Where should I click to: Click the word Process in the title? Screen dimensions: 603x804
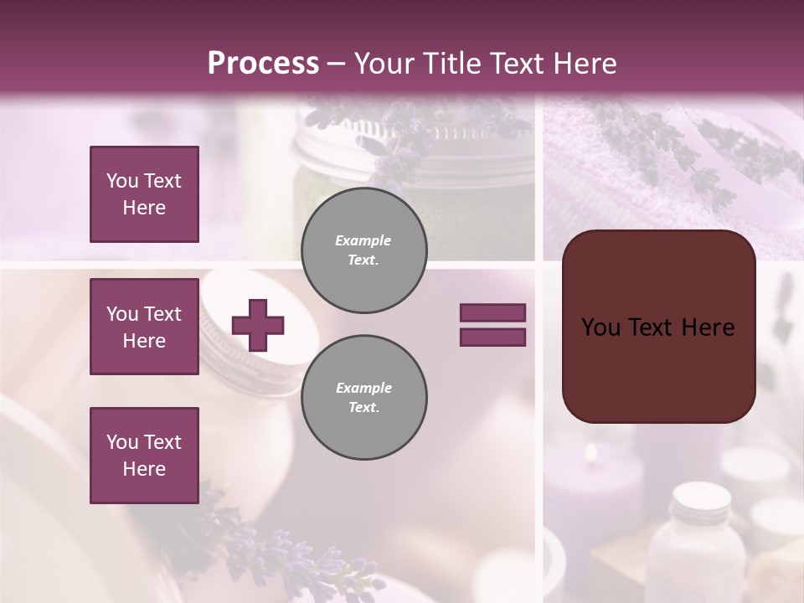click(263, 63)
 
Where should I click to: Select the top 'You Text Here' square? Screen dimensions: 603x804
click(144, 194)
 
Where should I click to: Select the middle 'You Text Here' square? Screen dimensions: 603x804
click(144, 327)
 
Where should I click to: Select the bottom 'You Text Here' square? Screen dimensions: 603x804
click(144, 456)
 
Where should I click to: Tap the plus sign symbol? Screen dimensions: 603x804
click(258, 325)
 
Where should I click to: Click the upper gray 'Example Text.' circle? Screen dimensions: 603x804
click(364, 250)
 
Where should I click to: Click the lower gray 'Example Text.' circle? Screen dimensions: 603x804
click(364, 397)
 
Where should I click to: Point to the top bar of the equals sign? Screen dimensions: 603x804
click(492, 312)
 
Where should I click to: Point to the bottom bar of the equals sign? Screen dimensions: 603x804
click(492, 338)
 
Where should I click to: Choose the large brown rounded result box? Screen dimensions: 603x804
click(658, 327)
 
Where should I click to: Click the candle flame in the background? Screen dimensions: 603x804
click(591, 453)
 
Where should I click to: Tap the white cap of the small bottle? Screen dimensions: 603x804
click(702, 496)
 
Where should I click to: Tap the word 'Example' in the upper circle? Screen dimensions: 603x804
click(363, 240)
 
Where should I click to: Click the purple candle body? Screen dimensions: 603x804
click(586, 502)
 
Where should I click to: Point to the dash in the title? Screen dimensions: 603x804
click(337, 64)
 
